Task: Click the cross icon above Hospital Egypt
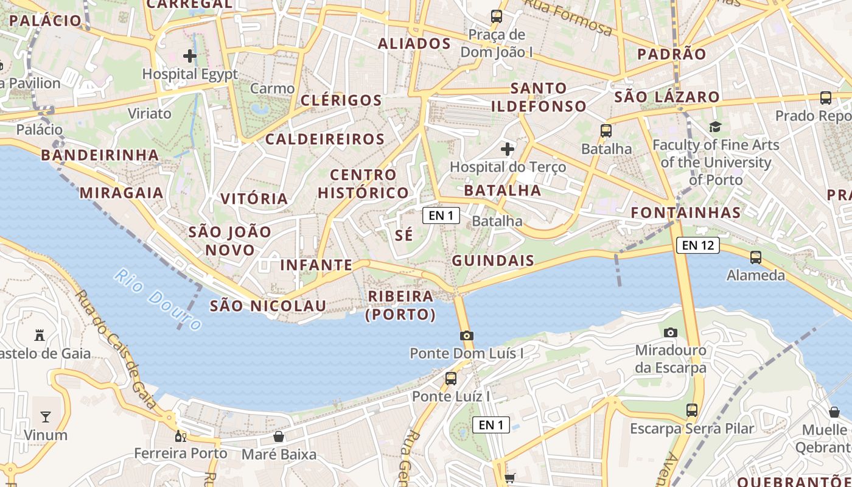pyautogui.click(x=190, y=56)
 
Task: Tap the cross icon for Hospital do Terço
pyautogui.click(x=507, y=149)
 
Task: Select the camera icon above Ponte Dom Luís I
pyautogui.click(x=466, y=335)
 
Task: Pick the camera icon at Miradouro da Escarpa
pyautogui.click(x=671, y=332)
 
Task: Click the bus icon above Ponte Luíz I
pyautogui.click(x=450, y=378)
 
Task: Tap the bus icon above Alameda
pyautogui.click(x=755, y=258)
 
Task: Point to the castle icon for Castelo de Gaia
pyautogui.click(x=40, y=335)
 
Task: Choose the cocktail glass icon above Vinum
pyautogui.click(x=46, y=417)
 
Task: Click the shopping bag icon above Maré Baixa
pyautogui.click(x=279, y=436)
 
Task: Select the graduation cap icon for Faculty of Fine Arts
pyautogui.click(x=715, y=127)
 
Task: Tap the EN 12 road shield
pyautogui.click(x=697, y=245)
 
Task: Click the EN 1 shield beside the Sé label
pyautogui.click(x=441, y=215)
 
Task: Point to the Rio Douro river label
pyautogui.click(x=157, y=300)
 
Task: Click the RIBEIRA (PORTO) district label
pyautogui.click(x=400, y=305)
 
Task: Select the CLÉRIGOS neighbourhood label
pyautogui.click(x=341, y=100)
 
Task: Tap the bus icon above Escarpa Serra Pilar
pyautogui.click(x=691, y=410)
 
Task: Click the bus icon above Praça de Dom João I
pyautogui.click(x=497, y=16)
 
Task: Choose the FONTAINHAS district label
pyautogui.click(x=686, y=212)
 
